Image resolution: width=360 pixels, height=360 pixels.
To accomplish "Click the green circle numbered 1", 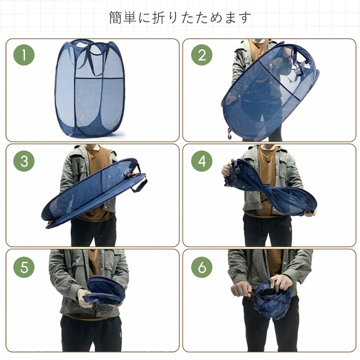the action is coord(24,55).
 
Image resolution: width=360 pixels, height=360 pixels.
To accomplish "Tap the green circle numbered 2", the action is coord(202,55).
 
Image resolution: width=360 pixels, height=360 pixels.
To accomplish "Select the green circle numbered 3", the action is coord(24,161).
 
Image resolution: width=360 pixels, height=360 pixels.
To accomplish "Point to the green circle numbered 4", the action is coord(202,161).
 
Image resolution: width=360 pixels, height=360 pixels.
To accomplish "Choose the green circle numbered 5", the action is coord(24,267).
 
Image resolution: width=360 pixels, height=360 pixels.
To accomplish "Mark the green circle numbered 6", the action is coord(202,267).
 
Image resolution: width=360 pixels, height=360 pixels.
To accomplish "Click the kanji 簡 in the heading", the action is coord(116,18).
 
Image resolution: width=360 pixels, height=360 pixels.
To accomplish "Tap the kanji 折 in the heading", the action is coord(159,18).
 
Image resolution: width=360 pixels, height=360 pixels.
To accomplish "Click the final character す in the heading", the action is coord(245,18).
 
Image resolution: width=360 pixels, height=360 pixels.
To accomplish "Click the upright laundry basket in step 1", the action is coord(90,89).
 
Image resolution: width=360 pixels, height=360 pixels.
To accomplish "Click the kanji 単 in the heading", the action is coord(130,18).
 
